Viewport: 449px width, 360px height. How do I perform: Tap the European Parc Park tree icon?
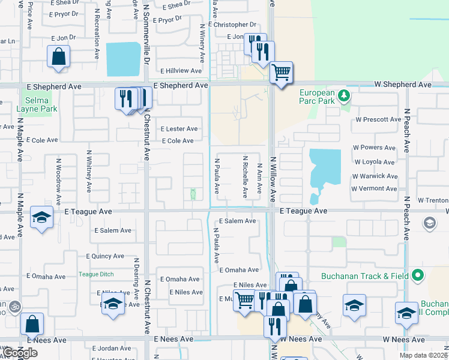[343, 95]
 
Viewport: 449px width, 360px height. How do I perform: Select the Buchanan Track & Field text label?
[364, 276]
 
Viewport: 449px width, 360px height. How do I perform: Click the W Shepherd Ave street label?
[402, 85]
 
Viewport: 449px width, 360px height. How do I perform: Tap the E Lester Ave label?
[179, 129]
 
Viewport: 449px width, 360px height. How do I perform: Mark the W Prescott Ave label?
[378, 119]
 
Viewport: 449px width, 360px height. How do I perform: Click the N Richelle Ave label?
[246, 177]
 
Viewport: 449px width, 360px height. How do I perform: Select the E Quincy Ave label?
[105, 256]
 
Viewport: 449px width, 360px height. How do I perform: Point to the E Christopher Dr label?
[232, 25]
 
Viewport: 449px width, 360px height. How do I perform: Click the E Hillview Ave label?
[180, 71]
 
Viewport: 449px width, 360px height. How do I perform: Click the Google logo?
[20, 353]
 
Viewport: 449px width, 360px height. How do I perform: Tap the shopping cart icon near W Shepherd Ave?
[281, 72]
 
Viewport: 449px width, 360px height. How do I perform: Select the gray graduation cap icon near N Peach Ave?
[429, 224]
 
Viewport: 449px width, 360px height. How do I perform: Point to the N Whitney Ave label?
[89, 171]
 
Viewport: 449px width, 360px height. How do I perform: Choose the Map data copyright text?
[423, 355]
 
